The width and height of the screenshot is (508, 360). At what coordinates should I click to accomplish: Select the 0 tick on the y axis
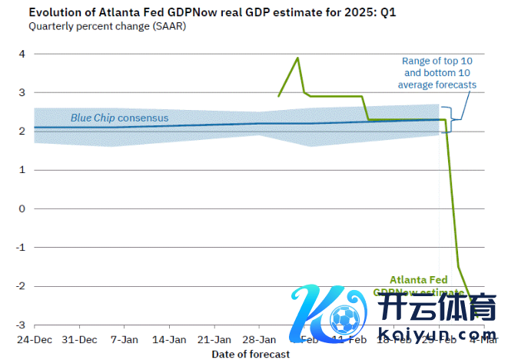tap(23, 208)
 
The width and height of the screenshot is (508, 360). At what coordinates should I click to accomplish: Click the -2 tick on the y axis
tap(21, 286)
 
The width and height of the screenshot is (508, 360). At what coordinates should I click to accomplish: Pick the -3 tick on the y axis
tap(21, 325)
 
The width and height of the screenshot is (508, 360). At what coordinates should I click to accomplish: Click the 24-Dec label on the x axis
tap(34, 339)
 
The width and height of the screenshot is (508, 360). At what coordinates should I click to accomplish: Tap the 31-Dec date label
tap(78, 339)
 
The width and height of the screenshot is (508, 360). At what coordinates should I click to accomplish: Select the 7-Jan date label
tap(124, 339)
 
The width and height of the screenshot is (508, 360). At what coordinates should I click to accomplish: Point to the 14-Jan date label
tap(168, 339)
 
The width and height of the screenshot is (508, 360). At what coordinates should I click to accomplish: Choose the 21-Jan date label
tap(214, 339)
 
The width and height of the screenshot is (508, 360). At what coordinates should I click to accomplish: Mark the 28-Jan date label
tap(259, 339)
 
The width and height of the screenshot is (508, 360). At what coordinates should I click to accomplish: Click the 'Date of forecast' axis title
tap(251, 354)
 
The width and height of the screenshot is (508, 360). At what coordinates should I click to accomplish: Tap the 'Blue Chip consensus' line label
tap(119, 118)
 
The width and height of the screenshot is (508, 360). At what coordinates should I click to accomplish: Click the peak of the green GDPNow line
tap(297, 58)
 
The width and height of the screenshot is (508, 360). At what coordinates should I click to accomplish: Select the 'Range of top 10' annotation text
tap(437, 61)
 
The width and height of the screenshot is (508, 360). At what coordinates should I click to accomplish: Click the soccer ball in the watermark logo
tap(343, 316)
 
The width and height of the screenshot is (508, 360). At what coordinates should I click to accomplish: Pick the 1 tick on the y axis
tap(23, 170)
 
